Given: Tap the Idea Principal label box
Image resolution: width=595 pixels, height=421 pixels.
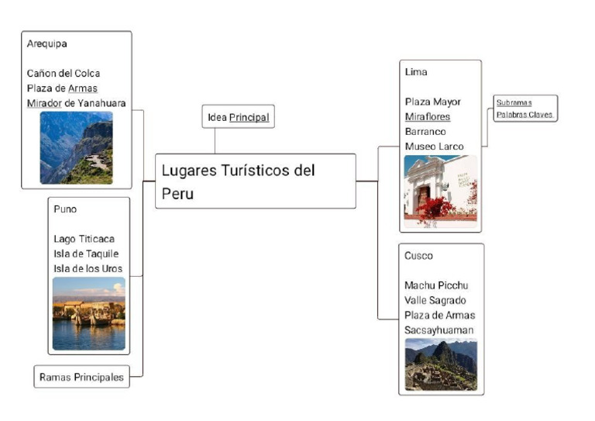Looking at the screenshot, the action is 238,117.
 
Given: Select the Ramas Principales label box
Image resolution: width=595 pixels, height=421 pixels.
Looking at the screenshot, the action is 81,378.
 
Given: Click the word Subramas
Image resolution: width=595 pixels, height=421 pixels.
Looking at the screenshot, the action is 514,102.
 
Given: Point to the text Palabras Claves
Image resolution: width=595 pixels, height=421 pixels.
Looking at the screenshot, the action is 525,115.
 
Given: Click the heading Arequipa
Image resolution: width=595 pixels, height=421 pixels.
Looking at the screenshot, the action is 46,43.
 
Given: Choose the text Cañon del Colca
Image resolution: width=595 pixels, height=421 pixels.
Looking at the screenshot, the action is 63,74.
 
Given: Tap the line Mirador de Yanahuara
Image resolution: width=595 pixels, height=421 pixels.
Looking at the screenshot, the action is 76,103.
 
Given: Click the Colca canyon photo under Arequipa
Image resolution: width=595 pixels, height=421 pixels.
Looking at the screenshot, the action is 76,147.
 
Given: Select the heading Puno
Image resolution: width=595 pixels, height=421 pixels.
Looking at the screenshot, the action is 65,209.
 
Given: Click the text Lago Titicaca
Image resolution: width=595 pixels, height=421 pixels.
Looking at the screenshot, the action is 84,239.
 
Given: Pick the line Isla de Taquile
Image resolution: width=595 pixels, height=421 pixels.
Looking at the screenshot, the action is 86,254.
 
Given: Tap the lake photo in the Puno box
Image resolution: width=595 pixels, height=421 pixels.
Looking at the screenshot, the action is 88,313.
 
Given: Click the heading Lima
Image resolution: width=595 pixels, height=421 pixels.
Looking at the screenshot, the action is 416,72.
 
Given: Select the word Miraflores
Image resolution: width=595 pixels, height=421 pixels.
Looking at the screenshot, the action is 427,117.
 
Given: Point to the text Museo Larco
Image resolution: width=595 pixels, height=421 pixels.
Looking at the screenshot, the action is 434,147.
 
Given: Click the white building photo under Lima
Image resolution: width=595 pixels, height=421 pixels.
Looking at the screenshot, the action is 440,191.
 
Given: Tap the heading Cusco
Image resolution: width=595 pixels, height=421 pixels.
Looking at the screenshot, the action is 418,256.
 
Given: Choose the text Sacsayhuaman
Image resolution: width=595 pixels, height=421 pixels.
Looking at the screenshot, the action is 439,330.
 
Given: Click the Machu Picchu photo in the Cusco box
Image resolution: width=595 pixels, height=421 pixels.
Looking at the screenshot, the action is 440,364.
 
